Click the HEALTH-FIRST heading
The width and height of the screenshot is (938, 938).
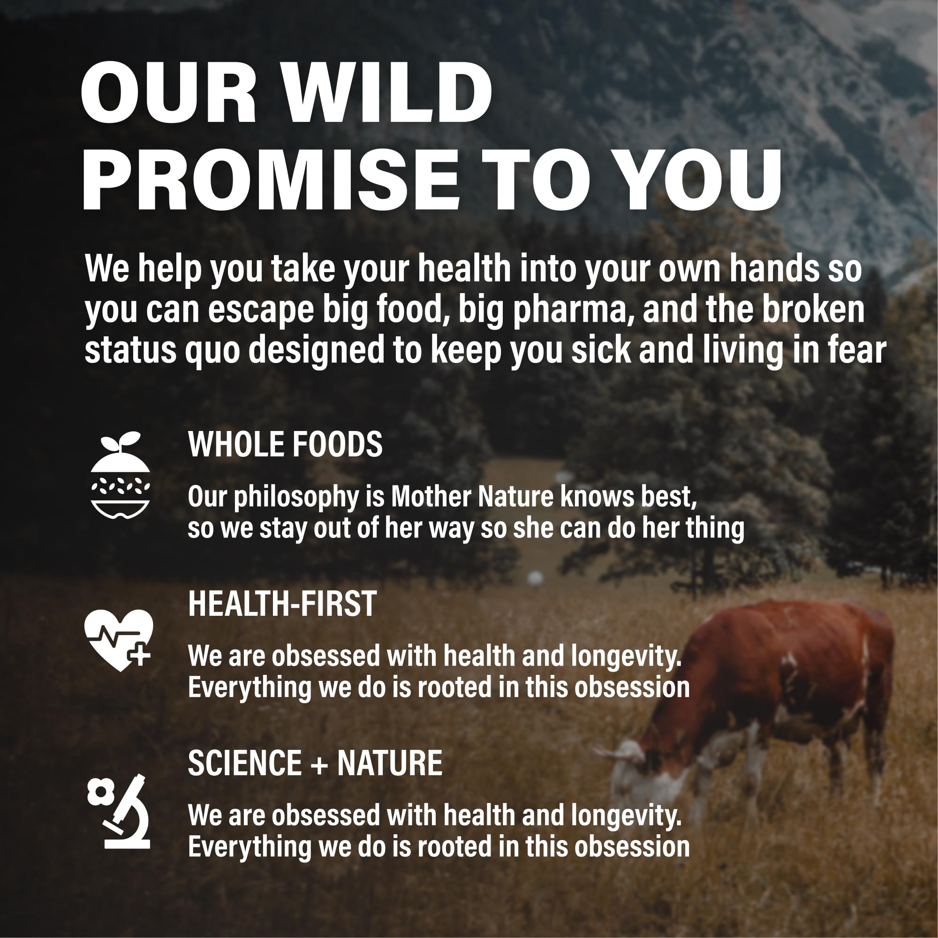(x=282, y=604)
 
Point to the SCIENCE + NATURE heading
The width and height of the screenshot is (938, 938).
(x=315, y=763)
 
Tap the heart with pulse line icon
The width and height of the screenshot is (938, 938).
(x=119, y=639)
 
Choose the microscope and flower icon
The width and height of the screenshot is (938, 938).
(x=120, y=811)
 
